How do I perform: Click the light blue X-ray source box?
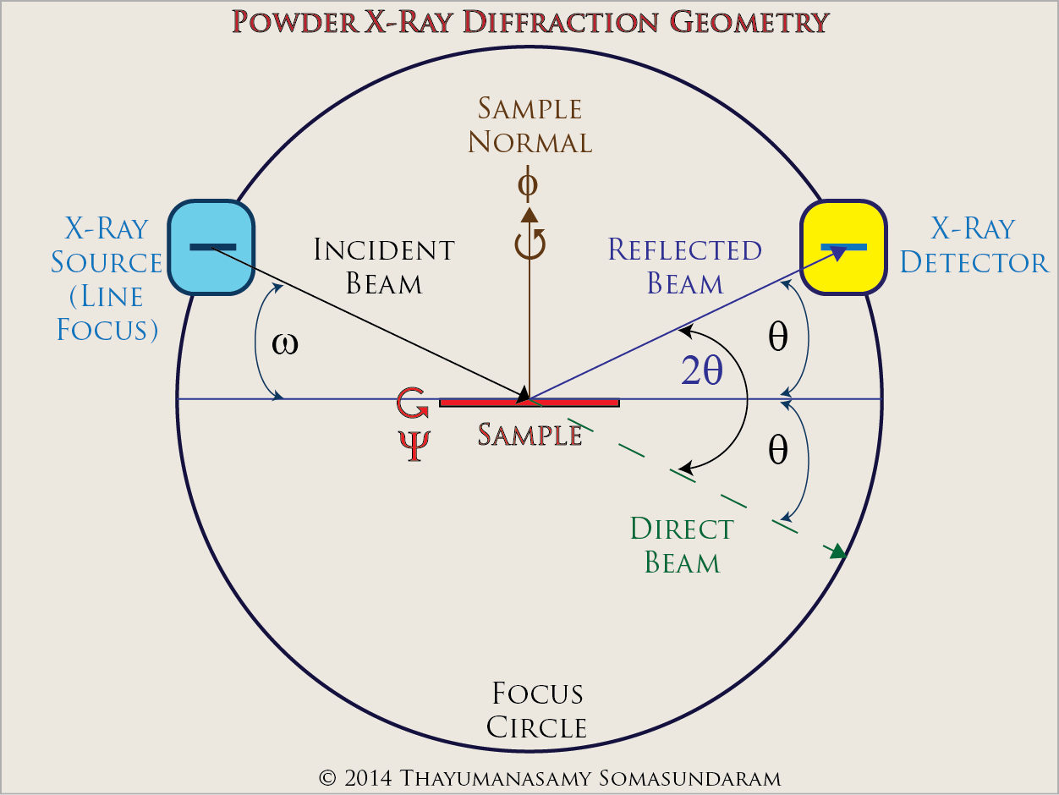pyautogui.click(x=211, y=247)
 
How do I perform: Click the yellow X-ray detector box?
pyautogui.click(x=843, y=247)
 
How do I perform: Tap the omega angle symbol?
pyautogui.click(x=285, y=344)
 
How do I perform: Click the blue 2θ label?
pyautogui.click(x=701, y=371)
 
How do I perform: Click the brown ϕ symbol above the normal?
pyautogui.click(x=529, y=184)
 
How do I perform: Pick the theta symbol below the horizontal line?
pyautogui.click(x=777, y=452)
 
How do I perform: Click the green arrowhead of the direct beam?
pyautogui.click(x=837, y=551)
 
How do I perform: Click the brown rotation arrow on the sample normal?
pyautogui.click(x=530, y=244)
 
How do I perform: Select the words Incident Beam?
pyautogui.click(x=384, y=266)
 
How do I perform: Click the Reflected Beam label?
pyautogui.click(x=684, y=266)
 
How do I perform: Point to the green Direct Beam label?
pyautogui.click(x=682, y=546)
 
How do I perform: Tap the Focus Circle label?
pyautogui.click(x=538, y=710)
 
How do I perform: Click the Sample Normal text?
pyautogui.click(x=530, y=125)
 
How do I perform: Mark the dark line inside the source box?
pyautogui.click(x=212, y=247)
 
